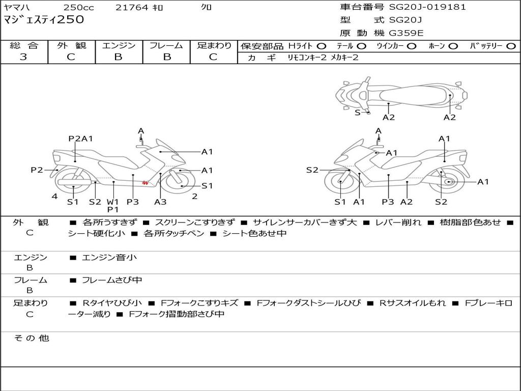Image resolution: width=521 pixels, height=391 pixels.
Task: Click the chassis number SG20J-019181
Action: click(427, 7)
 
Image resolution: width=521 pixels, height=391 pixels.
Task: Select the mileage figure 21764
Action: click(132, 7)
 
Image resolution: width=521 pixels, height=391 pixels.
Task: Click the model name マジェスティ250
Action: click(44, 20)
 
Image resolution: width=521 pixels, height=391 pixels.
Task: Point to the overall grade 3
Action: click(23, 57)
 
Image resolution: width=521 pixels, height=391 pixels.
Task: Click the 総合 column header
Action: click(24, 45)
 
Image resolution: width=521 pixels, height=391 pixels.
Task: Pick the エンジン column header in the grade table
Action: click(119, 45)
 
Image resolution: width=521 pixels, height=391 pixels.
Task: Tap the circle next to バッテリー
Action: click(511, 46)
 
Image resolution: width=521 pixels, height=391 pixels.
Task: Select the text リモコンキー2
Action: click(307, 58)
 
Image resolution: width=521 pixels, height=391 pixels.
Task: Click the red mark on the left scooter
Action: click(145, 183)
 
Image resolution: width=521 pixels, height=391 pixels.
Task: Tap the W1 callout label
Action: click(112, 202)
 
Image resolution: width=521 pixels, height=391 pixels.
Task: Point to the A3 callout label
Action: click(160, 202)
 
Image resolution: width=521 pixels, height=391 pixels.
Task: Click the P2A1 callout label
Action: click(81, 138)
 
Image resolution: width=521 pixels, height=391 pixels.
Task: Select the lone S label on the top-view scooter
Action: click(358, 113)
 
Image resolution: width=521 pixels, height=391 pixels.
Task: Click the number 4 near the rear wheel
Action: click(55, 196)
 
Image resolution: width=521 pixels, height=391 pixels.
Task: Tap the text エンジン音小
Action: click(109, 257)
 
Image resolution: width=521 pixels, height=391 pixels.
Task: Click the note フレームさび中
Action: click(112, 281)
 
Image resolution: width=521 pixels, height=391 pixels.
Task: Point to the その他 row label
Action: click(32, 338)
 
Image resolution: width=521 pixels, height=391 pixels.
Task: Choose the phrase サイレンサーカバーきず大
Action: click(305, 222)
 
